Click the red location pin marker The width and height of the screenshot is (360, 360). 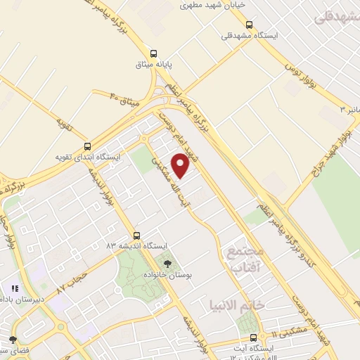(x=181, y=165)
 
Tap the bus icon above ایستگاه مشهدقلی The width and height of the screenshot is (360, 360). (x=249, y=25)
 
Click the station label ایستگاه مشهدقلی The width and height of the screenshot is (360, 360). (x=250, y=35)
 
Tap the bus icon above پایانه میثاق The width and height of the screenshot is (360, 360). (x=154, y=53)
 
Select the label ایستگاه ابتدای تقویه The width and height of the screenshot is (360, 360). (x=89, y=157)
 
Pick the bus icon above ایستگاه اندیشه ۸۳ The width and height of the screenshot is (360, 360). (x=136, y=236)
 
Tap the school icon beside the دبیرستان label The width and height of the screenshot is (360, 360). (x=15, y=288)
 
